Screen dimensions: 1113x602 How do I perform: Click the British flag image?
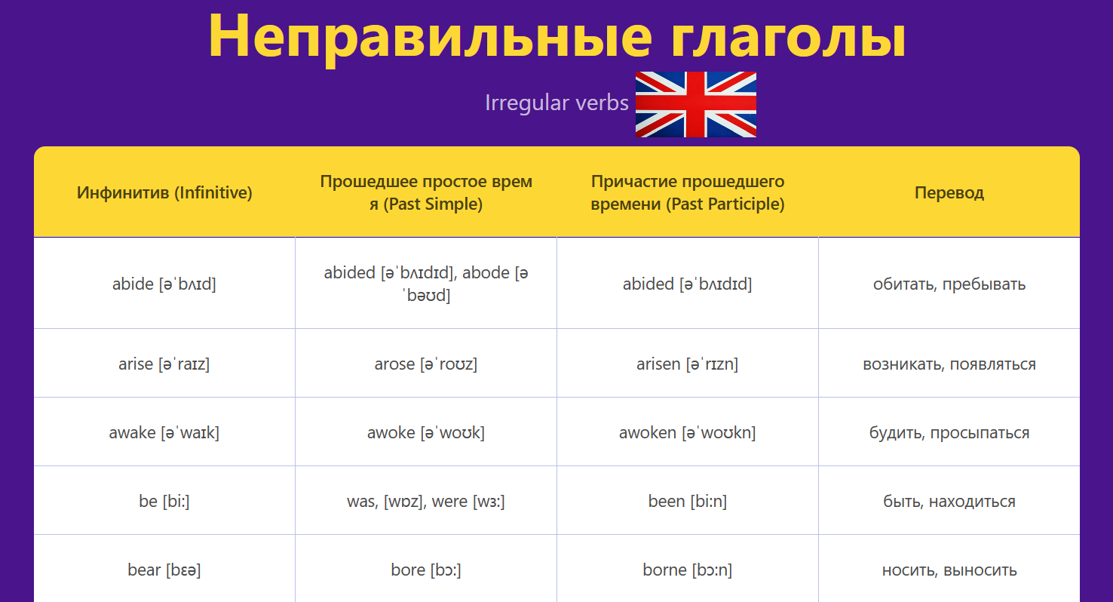(x=695, y=104)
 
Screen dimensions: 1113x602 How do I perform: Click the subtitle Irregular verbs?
(x=556, y=103)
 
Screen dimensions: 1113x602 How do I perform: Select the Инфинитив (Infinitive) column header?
(x=164, y=192)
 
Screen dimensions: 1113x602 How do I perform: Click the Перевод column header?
(x=949, y=192)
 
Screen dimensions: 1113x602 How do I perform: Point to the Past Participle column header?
(x=688, y=192)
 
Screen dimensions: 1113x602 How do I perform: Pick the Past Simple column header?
(x=426, y=192)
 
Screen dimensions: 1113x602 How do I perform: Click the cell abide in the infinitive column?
(x=164, y=284)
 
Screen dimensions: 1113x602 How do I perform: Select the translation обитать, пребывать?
(x=949, y=284)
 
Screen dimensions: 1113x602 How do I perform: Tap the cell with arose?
(x=426, y=364)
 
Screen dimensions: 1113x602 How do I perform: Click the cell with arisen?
(x=688, y=364)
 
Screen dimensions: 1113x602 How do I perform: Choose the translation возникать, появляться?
(x=949, y=364)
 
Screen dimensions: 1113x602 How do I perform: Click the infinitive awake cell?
(x=164, y=432)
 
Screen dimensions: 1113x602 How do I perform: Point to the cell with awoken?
(x=688, y=432)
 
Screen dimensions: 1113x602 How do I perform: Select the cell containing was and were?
(x=426, y=501)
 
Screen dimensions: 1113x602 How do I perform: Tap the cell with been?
(x=688, y=501)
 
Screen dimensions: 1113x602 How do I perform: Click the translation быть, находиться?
(x=949, y=501)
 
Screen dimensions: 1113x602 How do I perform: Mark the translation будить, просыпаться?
(x=949, y=432)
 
